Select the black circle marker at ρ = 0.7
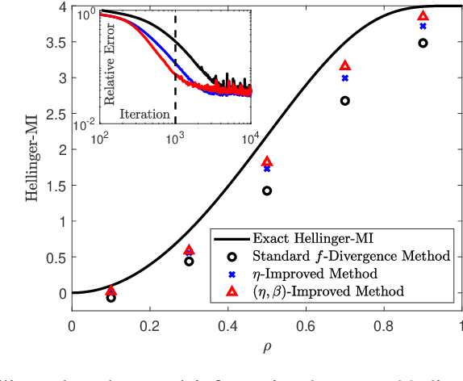tap(345, 101)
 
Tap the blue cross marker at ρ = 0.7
tap(345, 78)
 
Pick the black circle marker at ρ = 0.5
tap(267, 191)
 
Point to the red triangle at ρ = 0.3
tap(189, 250)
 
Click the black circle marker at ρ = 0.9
tap(423, 43)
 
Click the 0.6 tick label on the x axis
tap(306, 327)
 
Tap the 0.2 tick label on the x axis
tap(150, 327)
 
